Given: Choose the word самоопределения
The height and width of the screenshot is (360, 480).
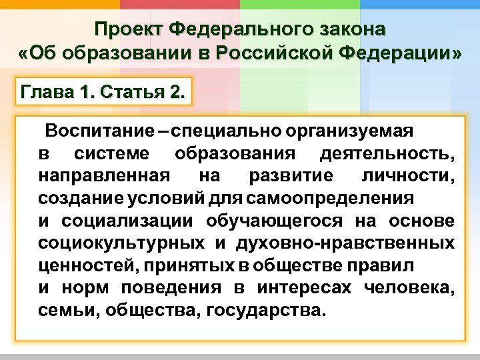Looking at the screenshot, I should [x=329, y=199].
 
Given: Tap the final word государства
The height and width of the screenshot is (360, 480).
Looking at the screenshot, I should [x=267, y=310].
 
